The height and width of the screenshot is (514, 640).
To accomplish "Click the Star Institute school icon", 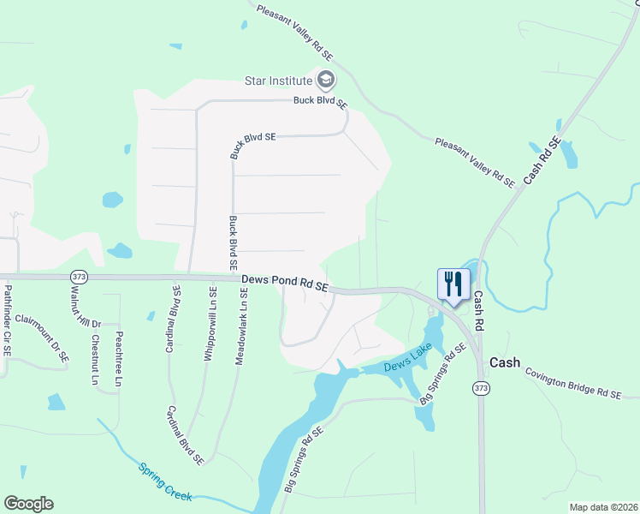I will [325, 81].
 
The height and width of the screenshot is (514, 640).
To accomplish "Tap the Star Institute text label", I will [278, 81].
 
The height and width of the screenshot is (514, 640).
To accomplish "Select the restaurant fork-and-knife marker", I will [453, 283].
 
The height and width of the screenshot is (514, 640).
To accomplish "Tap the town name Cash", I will [505, 362].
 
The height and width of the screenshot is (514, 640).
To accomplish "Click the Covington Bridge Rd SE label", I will [572, 382].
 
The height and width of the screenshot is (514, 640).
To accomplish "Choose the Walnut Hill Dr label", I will [79, 307].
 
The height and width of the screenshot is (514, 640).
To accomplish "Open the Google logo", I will [28, 504].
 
